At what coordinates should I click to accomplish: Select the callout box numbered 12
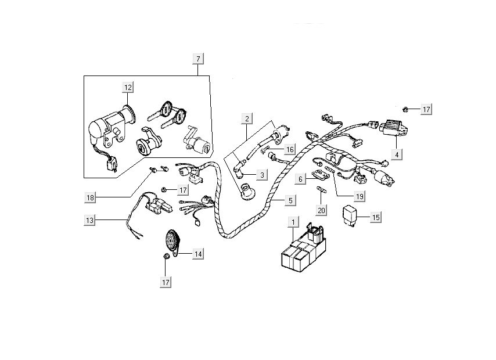click(128, 88)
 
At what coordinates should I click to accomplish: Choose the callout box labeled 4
click(397, 155)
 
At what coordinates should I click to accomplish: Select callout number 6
click(300, 180)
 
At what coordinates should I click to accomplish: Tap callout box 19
click(360, 197)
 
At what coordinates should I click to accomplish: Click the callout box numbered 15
click(376, 217)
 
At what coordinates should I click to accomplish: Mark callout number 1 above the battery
click(294, 222)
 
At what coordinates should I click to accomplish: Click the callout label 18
click(89, 197)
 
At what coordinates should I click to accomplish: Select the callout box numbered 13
click(89, 221)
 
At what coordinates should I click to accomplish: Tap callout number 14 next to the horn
click(198, 254)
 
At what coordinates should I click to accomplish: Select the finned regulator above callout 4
click(393, 128)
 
